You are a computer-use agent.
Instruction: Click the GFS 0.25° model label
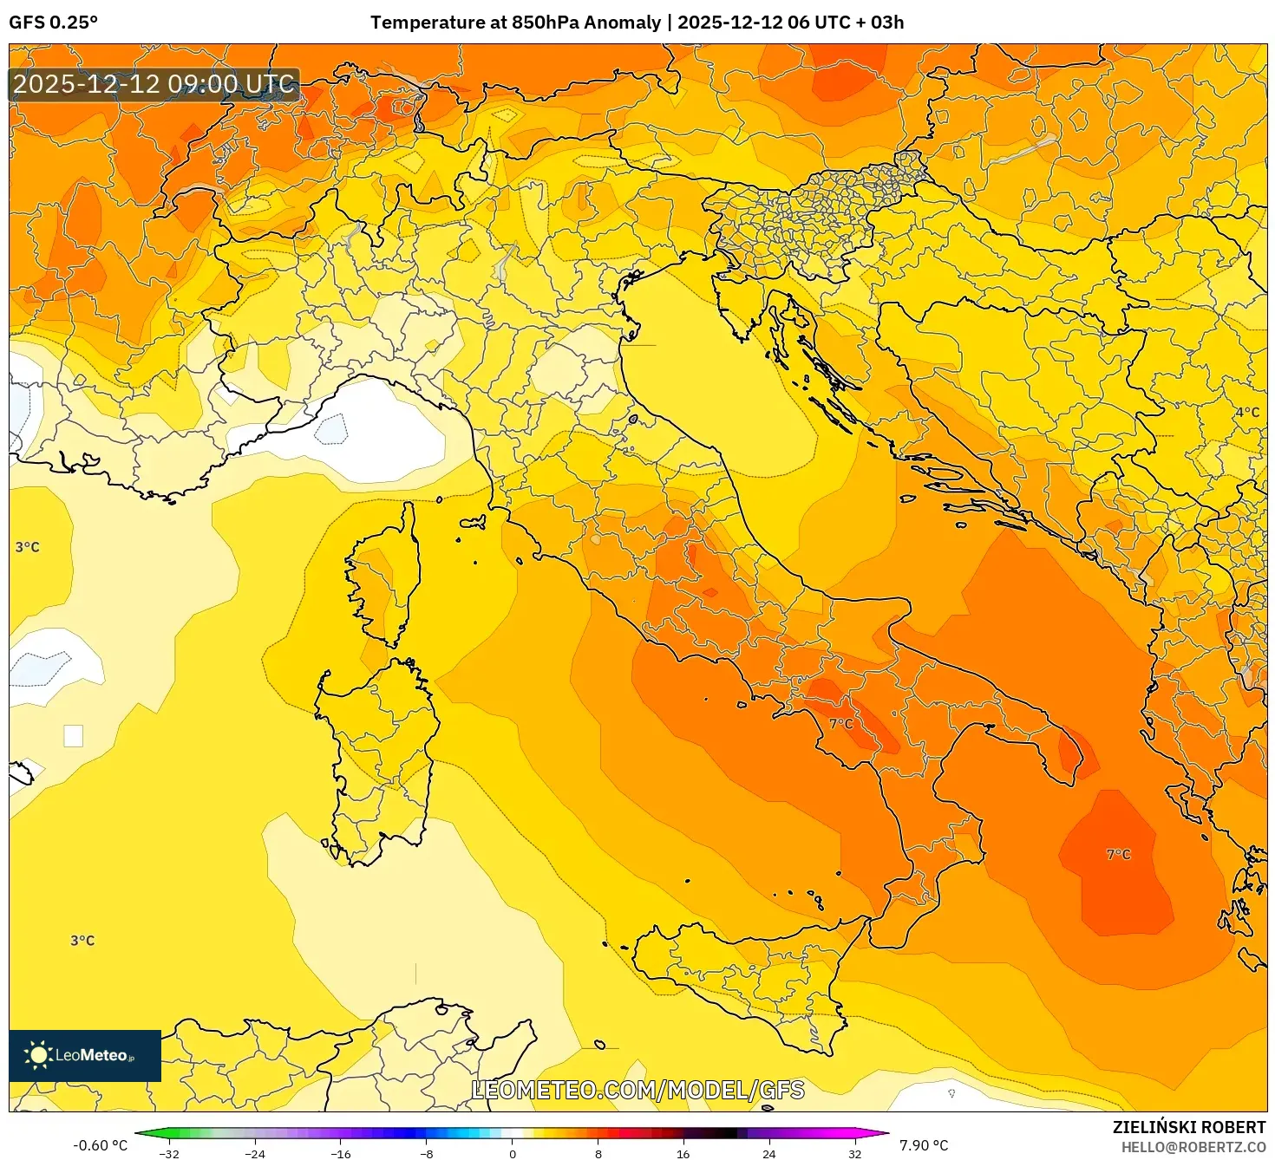point(53,23)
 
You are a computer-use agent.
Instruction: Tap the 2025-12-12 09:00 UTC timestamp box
point(154,85)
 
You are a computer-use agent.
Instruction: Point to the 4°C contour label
point(1247,413)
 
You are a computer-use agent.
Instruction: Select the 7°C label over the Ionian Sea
point(1118,855)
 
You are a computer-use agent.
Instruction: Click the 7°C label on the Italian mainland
point(840,724)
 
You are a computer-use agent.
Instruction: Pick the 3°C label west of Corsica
point(28,547)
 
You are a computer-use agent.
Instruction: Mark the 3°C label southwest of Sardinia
point(82,941)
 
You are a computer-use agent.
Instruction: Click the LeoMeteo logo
point(85,1055)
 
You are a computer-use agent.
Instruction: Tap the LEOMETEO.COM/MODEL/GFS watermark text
point(637,1090)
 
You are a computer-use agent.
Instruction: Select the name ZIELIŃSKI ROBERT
point(1188,1127)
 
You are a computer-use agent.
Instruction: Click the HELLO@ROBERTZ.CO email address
point(1193,1147)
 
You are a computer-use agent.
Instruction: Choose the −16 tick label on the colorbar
point(341,1153)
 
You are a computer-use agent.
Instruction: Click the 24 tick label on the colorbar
point(768,1153)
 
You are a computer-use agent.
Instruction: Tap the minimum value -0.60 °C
point(100,1145)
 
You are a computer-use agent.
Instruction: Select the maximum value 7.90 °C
point(923,1145)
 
